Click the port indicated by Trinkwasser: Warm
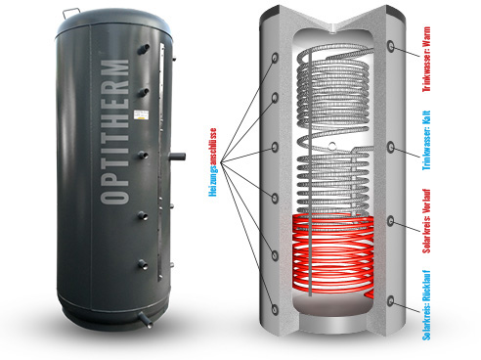point(391,46)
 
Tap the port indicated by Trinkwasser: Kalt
point(391,148)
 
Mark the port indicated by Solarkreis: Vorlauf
point(391,223)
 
